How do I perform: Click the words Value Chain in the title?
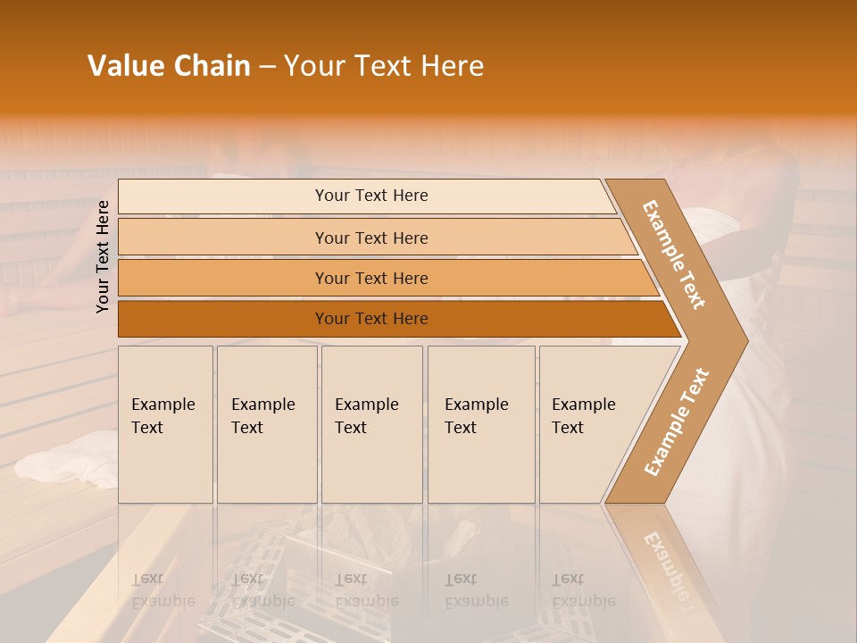169,66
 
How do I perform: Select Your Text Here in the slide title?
384,66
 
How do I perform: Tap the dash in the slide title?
267,67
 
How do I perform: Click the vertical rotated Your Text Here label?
103,256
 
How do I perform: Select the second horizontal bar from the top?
371,238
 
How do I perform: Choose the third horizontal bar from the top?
371,278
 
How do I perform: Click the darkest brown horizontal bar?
371,319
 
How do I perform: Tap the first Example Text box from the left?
165,424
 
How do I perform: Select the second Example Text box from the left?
266,424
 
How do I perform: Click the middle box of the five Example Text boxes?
371,424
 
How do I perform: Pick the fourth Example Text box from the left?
480,424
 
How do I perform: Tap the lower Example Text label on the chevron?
677,422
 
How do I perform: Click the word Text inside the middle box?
351,428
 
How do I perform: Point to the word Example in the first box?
162,405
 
